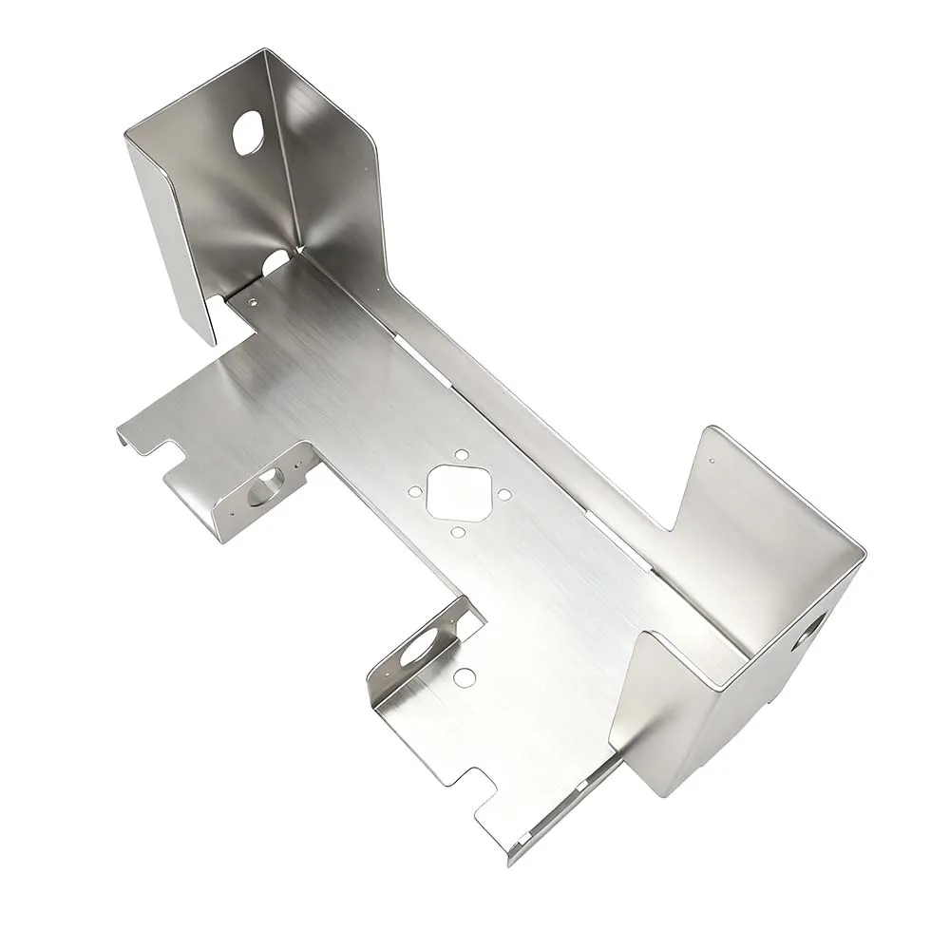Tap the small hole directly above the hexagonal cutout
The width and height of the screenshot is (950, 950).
(461, 455)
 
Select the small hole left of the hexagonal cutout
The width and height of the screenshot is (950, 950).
(415, 492)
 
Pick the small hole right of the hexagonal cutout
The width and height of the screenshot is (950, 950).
(504, 495)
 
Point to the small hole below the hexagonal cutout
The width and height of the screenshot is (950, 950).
(458, 532)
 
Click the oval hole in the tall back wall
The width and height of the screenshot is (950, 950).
(247, 133)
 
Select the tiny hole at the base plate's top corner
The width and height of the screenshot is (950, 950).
(253, 302)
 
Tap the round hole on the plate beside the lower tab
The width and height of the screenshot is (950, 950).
(465, 677)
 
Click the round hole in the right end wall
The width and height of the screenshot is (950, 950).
(808, 630)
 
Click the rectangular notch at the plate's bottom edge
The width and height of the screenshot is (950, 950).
(472, 785)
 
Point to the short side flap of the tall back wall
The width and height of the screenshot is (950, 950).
(171, 237)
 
